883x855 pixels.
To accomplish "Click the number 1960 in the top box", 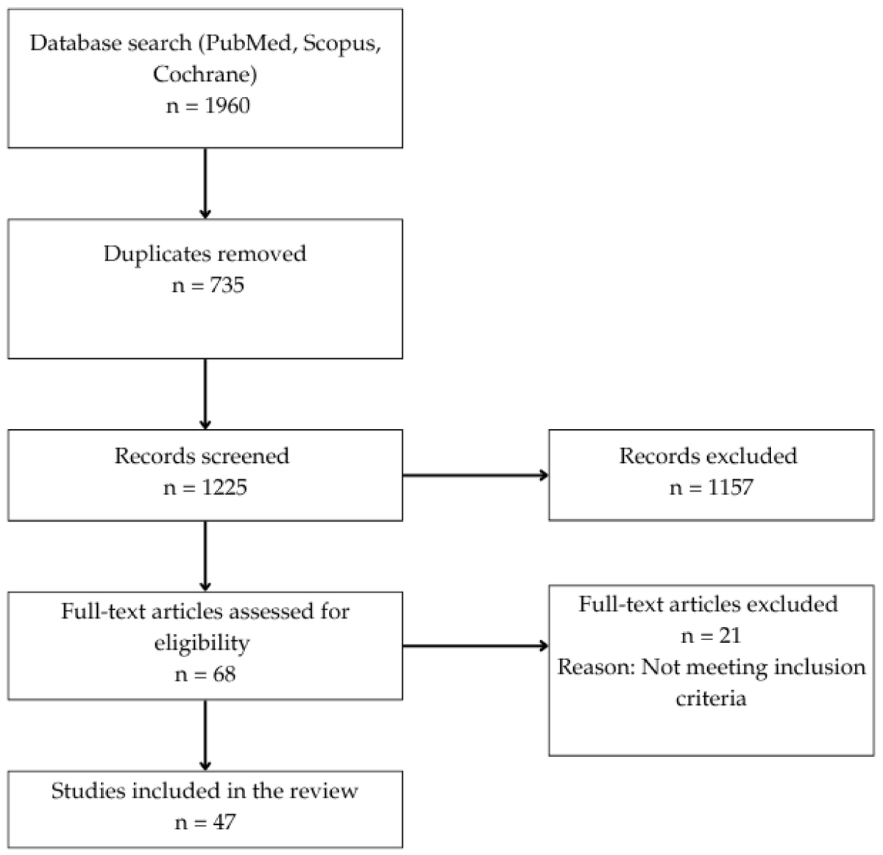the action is point(227,106).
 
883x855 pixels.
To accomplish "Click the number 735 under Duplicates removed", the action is point(227,285).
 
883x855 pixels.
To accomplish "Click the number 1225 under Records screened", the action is point(224,487).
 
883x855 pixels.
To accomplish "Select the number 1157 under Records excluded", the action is point(730,487).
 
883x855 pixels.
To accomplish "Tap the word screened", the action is point(245,456).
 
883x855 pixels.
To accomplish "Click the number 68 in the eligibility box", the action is point(224,675).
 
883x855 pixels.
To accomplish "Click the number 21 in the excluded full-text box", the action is point(730,636).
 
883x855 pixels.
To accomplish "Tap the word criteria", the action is point(711,698).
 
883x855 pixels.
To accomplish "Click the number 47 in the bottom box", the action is point(224,823).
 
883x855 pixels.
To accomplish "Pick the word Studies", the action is point(89,791).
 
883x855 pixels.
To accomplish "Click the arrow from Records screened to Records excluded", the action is point(475,475).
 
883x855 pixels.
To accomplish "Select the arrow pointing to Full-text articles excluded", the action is point(475,646).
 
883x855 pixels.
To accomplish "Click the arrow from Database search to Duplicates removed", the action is point(205,183).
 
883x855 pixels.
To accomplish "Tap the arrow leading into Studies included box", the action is point(205,735).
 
